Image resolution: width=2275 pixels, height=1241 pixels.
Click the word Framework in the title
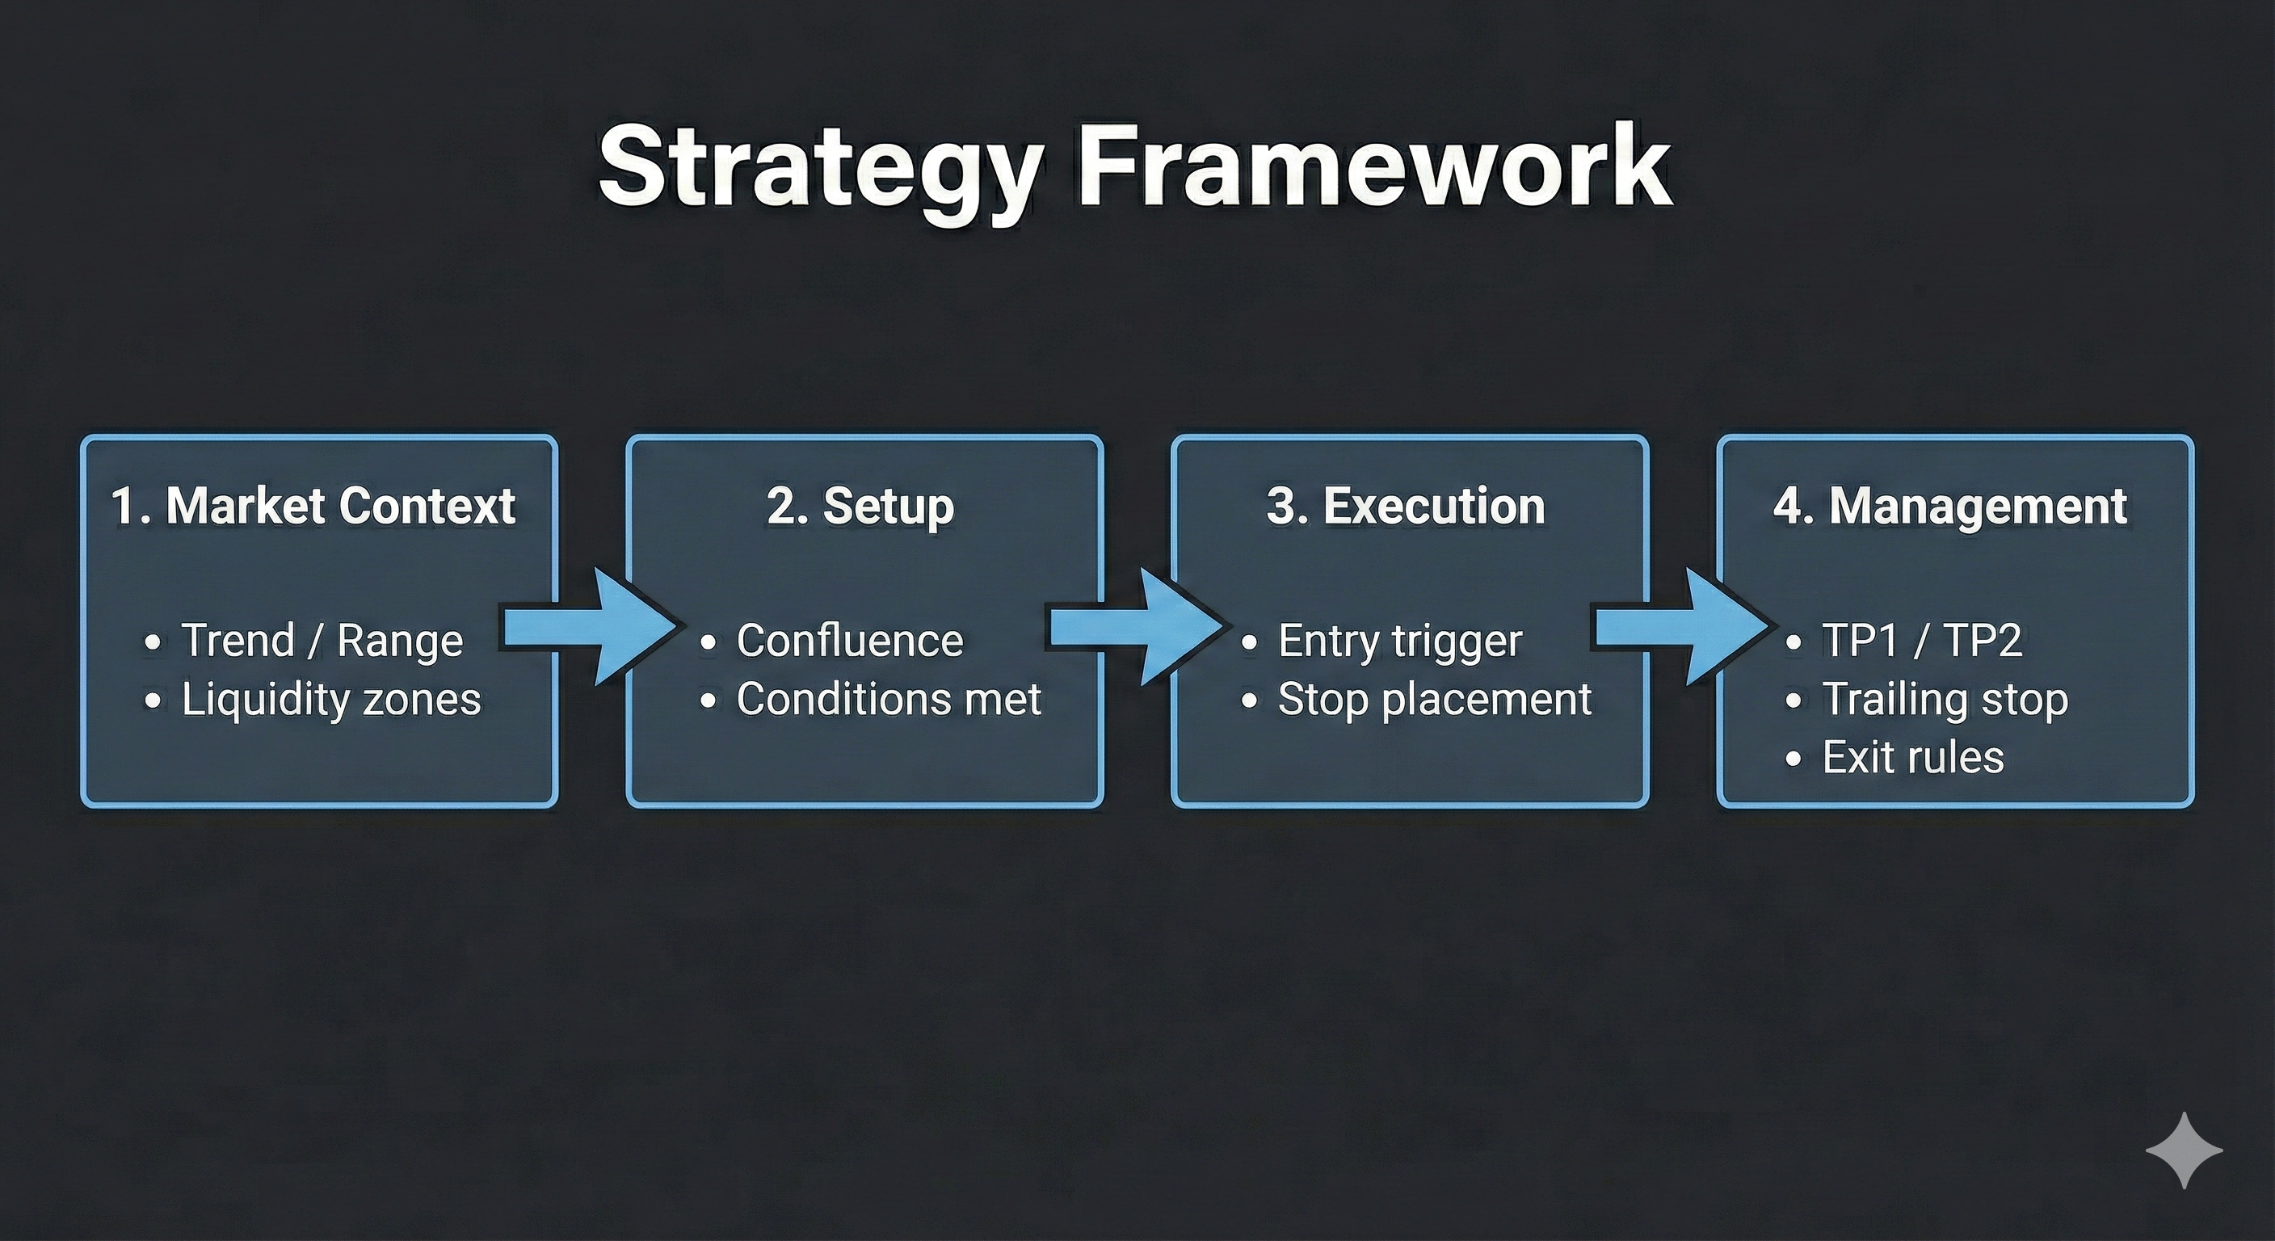(1373, 166)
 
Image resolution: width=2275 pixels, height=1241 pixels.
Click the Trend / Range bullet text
(322, 641)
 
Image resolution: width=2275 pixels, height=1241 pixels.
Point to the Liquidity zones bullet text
(331, 700)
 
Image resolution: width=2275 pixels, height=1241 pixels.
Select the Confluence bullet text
(850, 641)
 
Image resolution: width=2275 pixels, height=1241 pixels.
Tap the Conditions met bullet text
(889, 700)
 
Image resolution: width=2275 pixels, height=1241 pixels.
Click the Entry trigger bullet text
(1400, 641)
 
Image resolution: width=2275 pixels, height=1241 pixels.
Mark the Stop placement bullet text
(1434, 700)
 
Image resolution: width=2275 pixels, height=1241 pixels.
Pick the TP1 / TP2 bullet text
(1922, 641)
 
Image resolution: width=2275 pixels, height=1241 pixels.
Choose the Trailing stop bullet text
(1945, 700)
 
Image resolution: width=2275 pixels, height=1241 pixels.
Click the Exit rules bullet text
(1913, 758)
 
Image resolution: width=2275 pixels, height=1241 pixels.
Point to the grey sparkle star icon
(2184, 1150)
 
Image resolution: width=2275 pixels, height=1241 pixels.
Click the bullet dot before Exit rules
(1793, 759)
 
